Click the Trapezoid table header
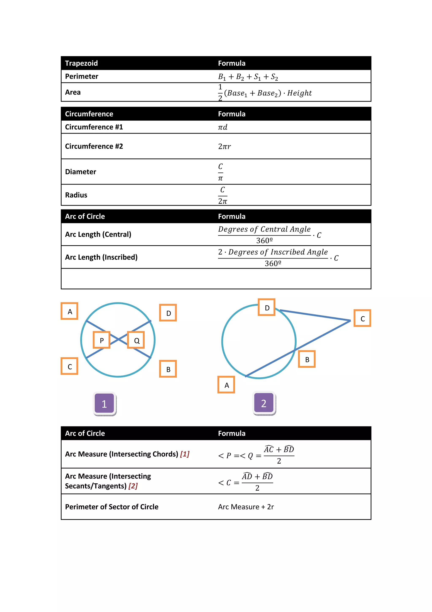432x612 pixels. [x=81, y=63]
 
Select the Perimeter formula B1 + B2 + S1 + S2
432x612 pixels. [x=248, y=77]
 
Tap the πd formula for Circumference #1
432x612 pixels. [x=223, y=127]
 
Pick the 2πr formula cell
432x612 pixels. [x=224, y=146]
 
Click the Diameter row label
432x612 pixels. [x=81, y=172]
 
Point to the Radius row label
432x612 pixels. [x=76, y=195]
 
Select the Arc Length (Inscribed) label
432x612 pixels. [x=101, y=257]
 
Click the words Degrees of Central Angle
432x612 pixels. [x=264, y=229]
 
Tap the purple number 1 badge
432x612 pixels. [x=104, y=403]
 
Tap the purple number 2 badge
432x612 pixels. [x=264, y=403]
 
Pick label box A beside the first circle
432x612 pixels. [x=69, y=311]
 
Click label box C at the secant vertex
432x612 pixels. [x=362, y=318]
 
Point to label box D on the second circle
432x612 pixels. [x=266, y=307]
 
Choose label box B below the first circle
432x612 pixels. [x=168, y=369]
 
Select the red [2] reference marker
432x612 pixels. [x=133, y=486]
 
